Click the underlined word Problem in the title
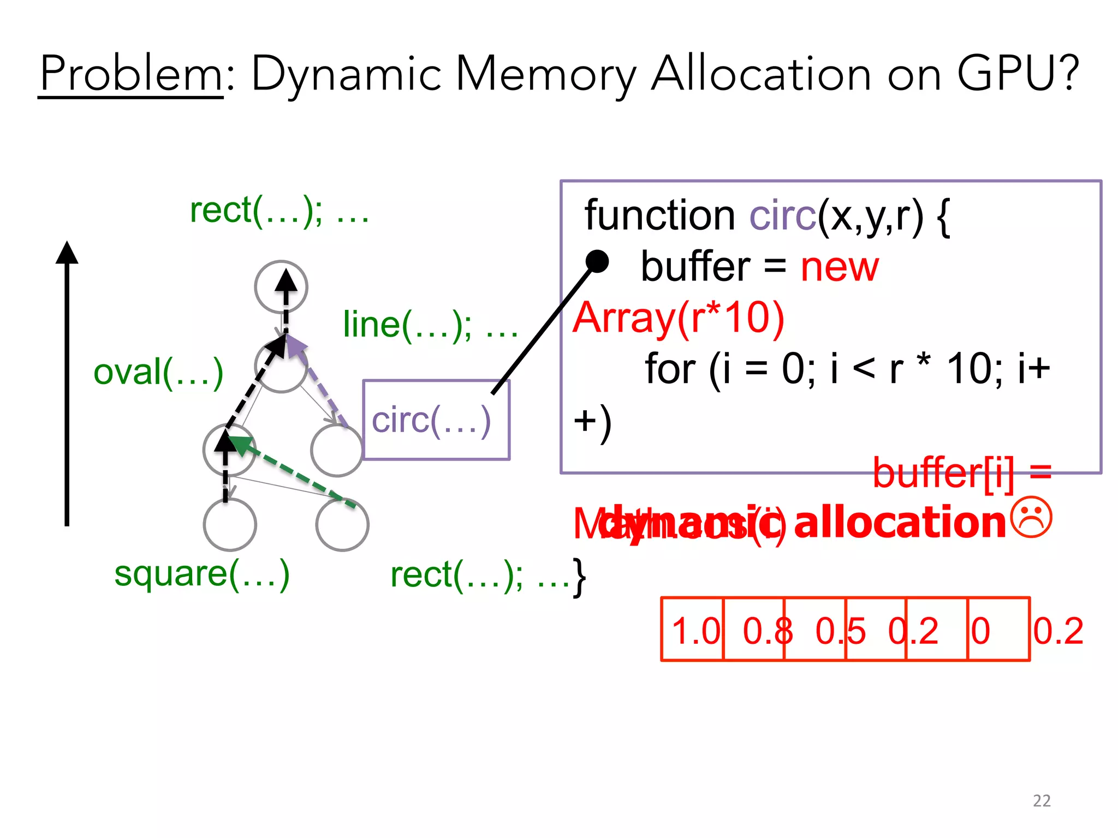point(131,74)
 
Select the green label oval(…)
point(158,373)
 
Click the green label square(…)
point(201,574)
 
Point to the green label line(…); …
point(430,325)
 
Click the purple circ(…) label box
point(436,420)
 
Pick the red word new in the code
point(840,267)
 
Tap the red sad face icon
point(1031,518)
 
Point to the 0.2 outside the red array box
point(1058,631)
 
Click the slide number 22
point(1042,800)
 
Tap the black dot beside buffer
point(597,261)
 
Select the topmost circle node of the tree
point(281,287)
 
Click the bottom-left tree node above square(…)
point(230,524)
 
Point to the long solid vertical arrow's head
point(67,252)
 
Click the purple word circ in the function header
point(782,216)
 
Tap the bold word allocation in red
point(900,523)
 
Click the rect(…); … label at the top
point(279,211)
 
